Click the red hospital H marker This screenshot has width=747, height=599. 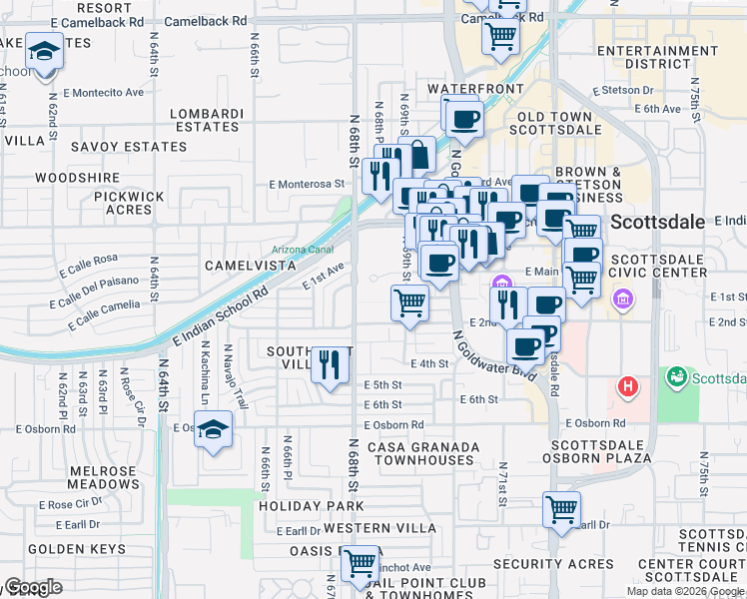click(x=627, y=385)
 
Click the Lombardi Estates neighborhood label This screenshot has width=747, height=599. click(x=207, y=121)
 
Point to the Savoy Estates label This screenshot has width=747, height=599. click(x=129, y=147)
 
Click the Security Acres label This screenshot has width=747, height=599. click(x=553, y=564)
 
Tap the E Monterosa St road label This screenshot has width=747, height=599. click(x=313, y=184)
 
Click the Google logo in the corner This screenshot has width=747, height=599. click(x=32, y=588)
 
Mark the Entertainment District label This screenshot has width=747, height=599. click(x=657, y=57)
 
